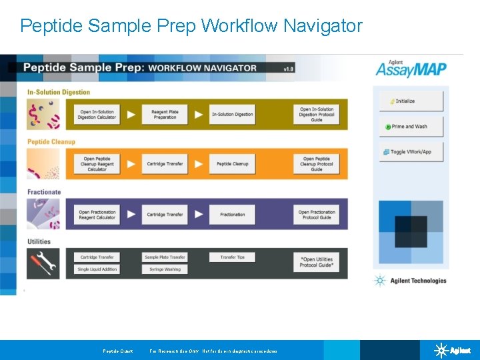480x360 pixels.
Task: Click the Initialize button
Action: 411,101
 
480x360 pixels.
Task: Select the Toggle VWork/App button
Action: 411,152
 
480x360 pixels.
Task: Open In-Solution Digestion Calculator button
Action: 97,115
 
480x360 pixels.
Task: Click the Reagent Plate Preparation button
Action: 165,115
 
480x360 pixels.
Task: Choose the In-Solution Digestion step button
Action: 233,115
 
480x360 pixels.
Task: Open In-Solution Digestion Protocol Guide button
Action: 317,115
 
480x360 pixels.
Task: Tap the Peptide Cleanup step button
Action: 233,164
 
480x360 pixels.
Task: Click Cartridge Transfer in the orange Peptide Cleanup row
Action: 165,164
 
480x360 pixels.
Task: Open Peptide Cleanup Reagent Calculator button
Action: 97,164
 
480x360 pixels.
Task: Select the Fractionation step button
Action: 233,215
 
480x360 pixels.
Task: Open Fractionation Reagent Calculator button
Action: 97,215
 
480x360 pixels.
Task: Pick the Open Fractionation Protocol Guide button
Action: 317,215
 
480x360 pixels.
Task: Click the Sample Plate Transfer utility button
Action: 165,257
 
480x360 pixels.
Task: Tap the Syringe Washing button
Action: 165,269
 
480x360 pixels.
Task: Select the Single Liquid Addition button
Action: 97,269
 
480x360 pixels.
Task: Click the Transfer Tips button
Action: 233,257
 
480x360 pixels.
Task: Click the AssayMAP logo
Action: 411,69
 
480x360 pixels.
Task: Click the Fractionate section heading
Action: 44,192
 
